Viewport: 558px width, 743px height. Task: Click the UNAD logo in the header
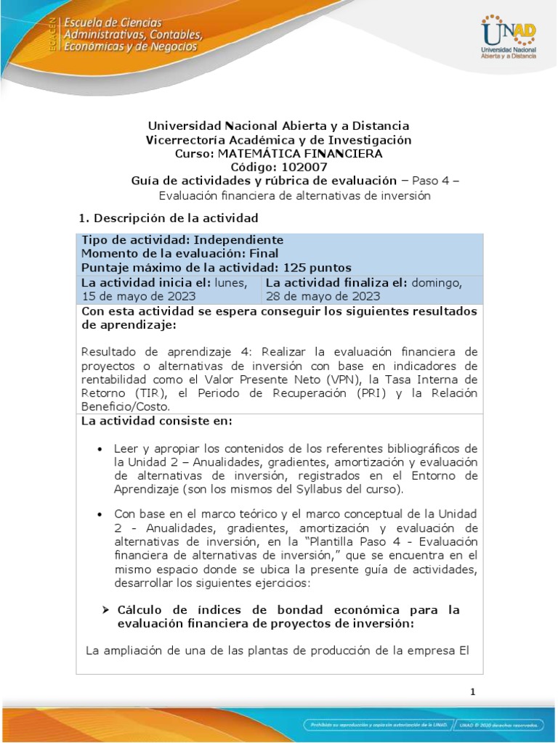click(x=508, y=36)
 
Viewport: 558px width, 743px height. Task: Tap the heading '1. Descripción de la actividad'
click(x=169, y=218)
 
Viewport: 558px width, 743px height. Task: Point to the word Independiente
click(x=239, y=240)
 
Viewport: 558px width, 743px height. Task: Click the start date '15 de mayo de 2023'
click(x=138, y=295)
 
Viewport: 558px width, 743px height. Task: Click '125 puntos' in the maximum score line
click(x=317, y=267)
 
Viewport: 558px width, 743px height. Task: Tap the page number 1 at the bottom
click(x=472, y=691)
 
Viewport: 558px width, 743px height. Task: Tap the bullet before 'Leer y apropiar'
click(x=100, y=449)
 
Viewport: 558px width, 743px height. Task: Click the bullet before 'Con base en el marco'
click(x=100, y=514)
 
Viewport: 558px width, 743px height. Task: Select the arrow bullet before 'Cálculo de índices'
click(x=105, y=609)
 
